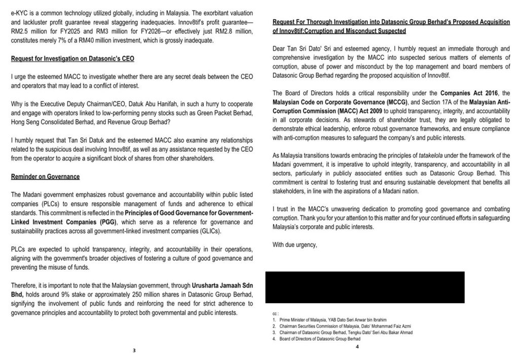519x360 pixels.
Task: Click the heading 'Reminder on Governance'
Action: (x=45, y=176)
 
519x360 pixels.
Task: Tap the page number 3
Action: (x=134, y=350)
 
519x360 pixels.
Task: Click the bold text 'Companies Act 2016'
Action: (x=457, y=93)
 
